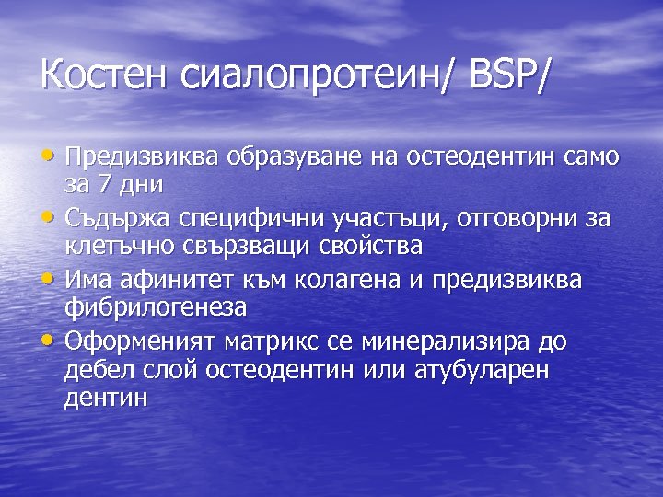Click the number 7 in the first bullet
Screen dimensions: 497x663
[x=109, y=184]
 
